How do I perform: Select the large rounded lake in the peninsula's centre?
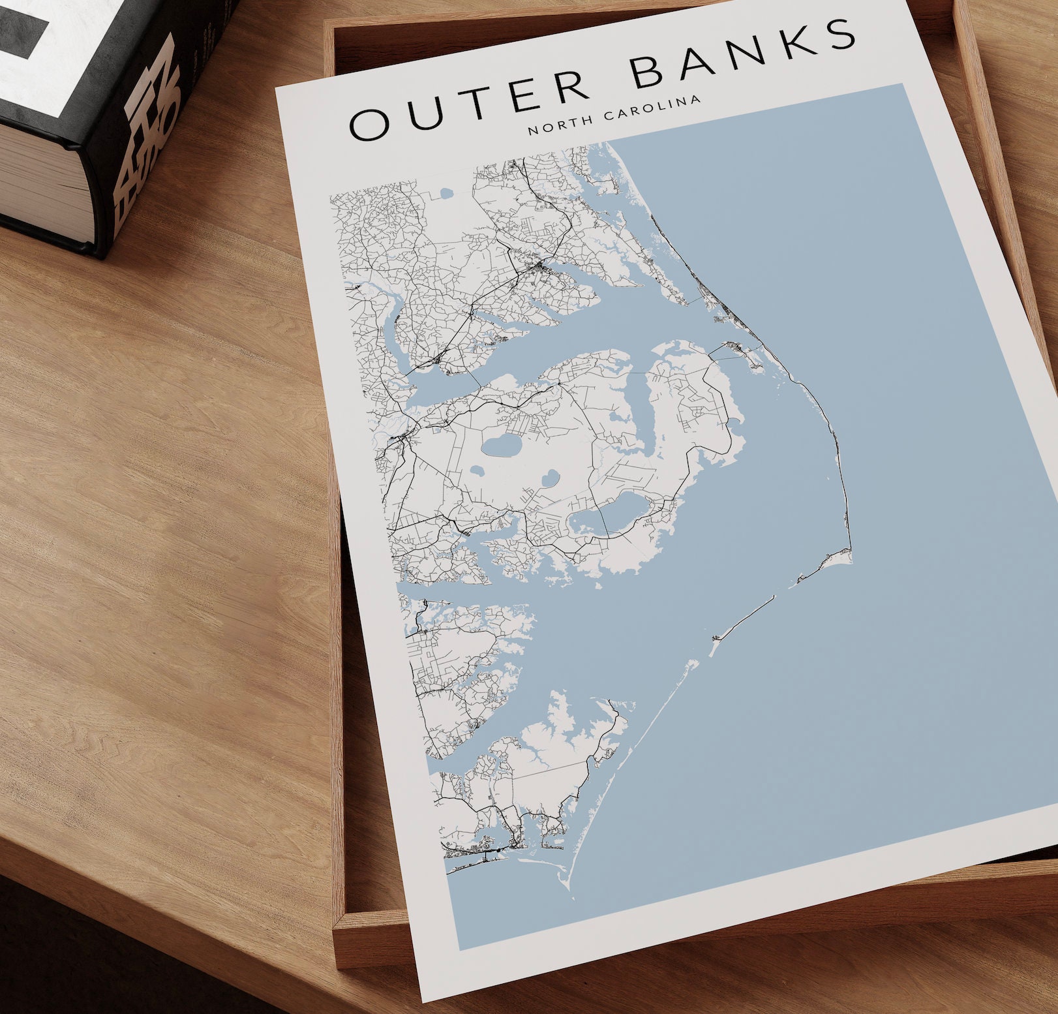pyautogui.click(x=499, y=448)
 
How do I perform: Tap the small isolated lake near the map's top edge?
pyautogui.click(x=446, y=194)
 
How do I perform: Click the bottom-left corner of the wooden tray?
pyautogui.click(x=337, y=927)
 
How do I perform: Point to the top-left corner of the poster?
pyautogui.click(x=277, y=88)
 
